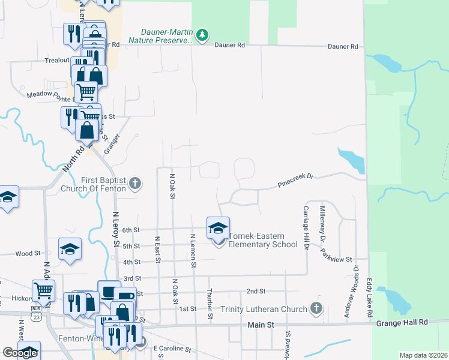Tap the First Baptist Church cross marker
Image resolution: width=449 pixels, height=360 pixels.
coord(136,183)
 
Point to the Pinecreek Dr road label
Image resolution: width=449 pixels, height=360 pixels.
coord(295,180)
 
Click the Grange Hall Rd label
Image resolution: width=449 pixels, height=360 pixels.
coord(402,322)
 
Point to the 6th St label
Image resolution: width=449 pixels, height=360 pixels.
coord(130,230)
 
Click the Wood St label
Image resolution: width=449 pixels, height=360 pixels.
coord(27,254)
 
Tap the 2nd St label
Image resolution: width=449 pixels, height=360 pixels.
coord(256,292)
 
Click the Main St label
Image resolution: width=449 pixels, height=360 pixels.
coord(261,325)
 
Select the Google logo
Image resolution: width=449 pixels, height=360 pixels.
coord(20,353)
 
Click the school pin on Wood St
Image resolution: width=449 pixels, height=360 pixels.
coord(70,250)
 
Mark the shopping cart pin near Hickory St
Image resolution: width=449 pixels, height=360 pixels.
coord(43,290)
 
